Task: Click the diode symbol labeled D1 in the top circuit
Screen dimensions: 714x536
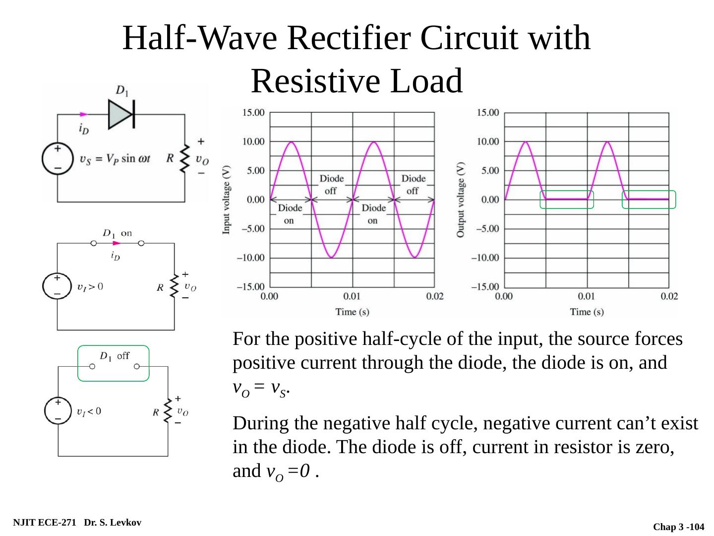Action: coord(121,114)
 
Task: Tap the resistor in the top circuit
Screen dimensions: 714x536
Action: coord(184,158)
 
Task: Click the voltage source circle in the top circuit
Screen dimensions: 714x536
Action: coord(58,158)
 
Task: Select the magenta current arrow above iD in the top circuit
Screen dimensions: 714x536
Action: coord(84,115)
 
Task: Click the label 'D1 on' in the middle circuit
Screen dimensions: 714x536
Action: coord(117,233)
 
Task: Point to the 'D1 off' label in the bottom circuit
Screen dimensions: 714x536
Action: coord(115,356)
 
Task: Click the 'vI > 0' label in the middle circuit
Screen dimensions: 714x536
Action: coord(90,286)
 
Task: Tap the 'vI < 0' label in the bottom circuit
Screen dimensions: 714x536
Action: coord(89,411)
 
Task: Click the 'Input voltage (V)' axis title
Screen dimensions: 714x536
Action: coord(227,200)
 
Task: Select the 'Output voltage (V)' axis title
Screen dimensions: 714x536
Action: coord(461,200)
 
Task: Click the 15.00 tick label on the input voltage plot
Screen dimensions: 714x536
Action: coord(253,113)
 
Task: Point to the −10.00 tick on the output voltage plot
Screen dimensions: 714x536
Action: coord(486,258)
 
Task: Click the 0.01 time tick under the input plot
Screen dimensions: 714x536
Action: coord(352,297)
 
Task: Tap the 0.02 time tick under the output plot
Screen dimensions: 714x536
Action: coord(669,297)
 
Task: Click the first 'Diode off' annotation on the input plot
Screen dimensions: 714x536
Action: coord(331,184)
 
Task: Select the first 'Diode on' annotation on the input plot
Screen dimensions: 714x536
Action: coord(290,213)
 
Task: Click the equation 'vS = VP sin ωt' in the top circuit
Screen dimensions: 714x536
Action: coord(115,159)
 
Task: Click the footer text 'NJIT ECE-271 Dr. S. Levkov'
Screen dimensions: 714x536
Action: coord(77,523)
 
